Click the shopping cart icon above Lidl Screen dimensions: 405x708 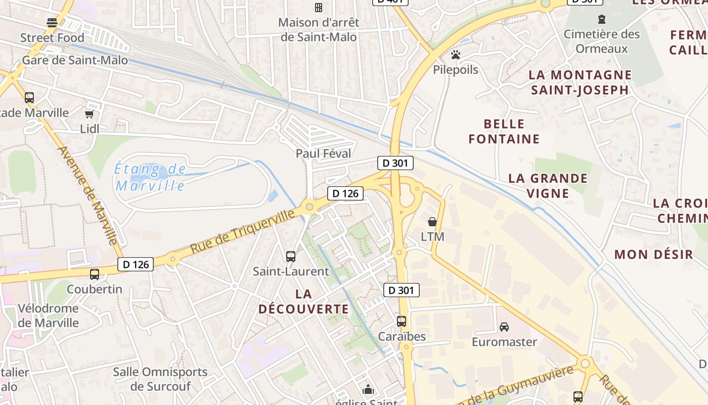pyautogui.click(x=90, y=114)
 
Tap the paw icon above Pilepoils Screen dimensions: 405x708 pyautogui.click(x=456, y=55)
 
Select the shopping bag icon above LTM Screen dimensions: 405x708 pyautogui.click(x=432, y=222)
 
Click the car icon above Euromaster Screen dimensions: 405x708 pyautogui.click(x=504, y=327)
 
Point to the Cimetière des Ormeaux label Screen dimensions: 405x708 pyautogui.click(x=602, y=42)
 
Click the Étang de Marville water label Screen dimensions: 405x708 pyautogui.click(x=150, y=177)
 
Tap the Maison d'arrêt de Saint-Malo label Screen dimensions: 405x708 pyautogui.click(x=319, y=30)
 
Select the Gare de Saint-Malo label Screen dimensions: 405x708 pyautogui.click(x=75, y=61)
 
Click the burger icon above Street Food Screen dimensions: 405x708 pyautogui.click(x=52, y=22)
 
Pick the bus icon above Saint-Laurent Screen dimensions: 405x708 pyautogui.click(x=291, y=257)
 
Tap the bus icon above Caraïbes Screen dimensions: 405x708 pyautogui.click(x=402, y=321)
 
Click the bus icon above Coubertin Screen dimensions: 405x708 pyautogui.click(x=95, y=274)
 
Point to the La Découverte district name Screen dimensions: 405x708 pyautogui.click(x=303, y=301)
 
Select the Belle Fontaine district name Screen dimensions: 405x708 pyautogui.click(x=504, y=131)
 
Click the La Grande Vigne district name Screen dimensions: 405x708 pyautogui.click(x=548, y=185)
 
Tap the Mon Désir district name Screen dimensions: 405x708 pyautogui.click(x=653, y=254)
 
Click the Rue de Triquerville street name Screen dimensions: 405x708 pyautogui.click(x=243, y=232)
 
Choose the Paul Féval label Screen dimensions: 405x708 pyautogui.click(x=323, y=153)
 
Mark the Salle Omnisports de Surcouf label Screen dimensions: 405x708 pyautogui.click(x=160, y=379)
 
